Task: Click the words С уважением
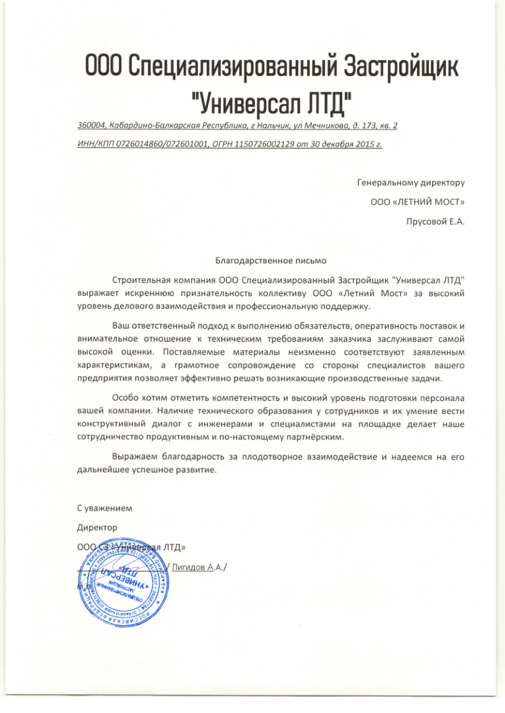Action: [x=104, y=508]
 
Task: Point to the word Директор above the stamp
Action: [x=97, y=527]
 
